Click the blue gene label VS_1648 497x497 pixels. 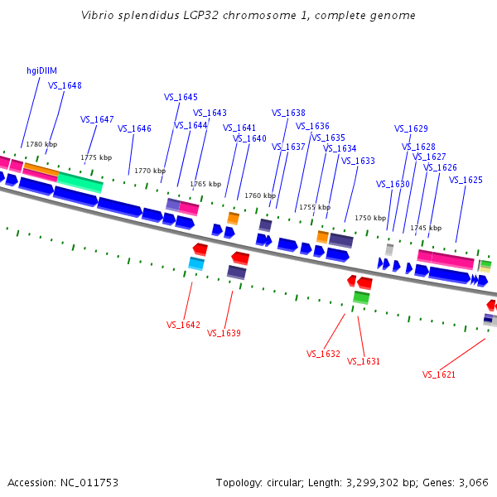65,85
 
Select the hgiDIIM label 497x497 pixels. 41,71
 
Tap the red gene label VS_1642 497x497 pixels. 183,325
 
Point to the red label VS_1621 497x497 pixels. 439,374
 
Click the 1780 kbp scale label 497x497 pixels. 41,144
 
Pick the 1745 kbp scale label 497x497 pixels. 426,228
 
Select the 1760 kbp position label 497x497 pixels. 259,195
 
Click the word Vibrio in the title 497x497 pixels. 97,16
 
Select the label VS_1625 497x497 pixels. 466,180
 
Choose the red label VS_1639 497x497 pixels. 224,333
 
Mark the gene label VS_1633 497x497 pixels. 358,161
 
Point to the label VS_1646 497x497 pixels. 134,128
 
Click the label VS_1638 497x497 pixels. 288,113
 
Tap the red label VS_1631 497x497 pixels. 364,361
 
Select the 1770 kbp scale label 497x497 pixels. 150,171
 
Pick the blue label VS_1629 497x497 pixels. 411,128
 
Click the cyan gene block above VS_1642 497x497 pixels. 196,264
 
